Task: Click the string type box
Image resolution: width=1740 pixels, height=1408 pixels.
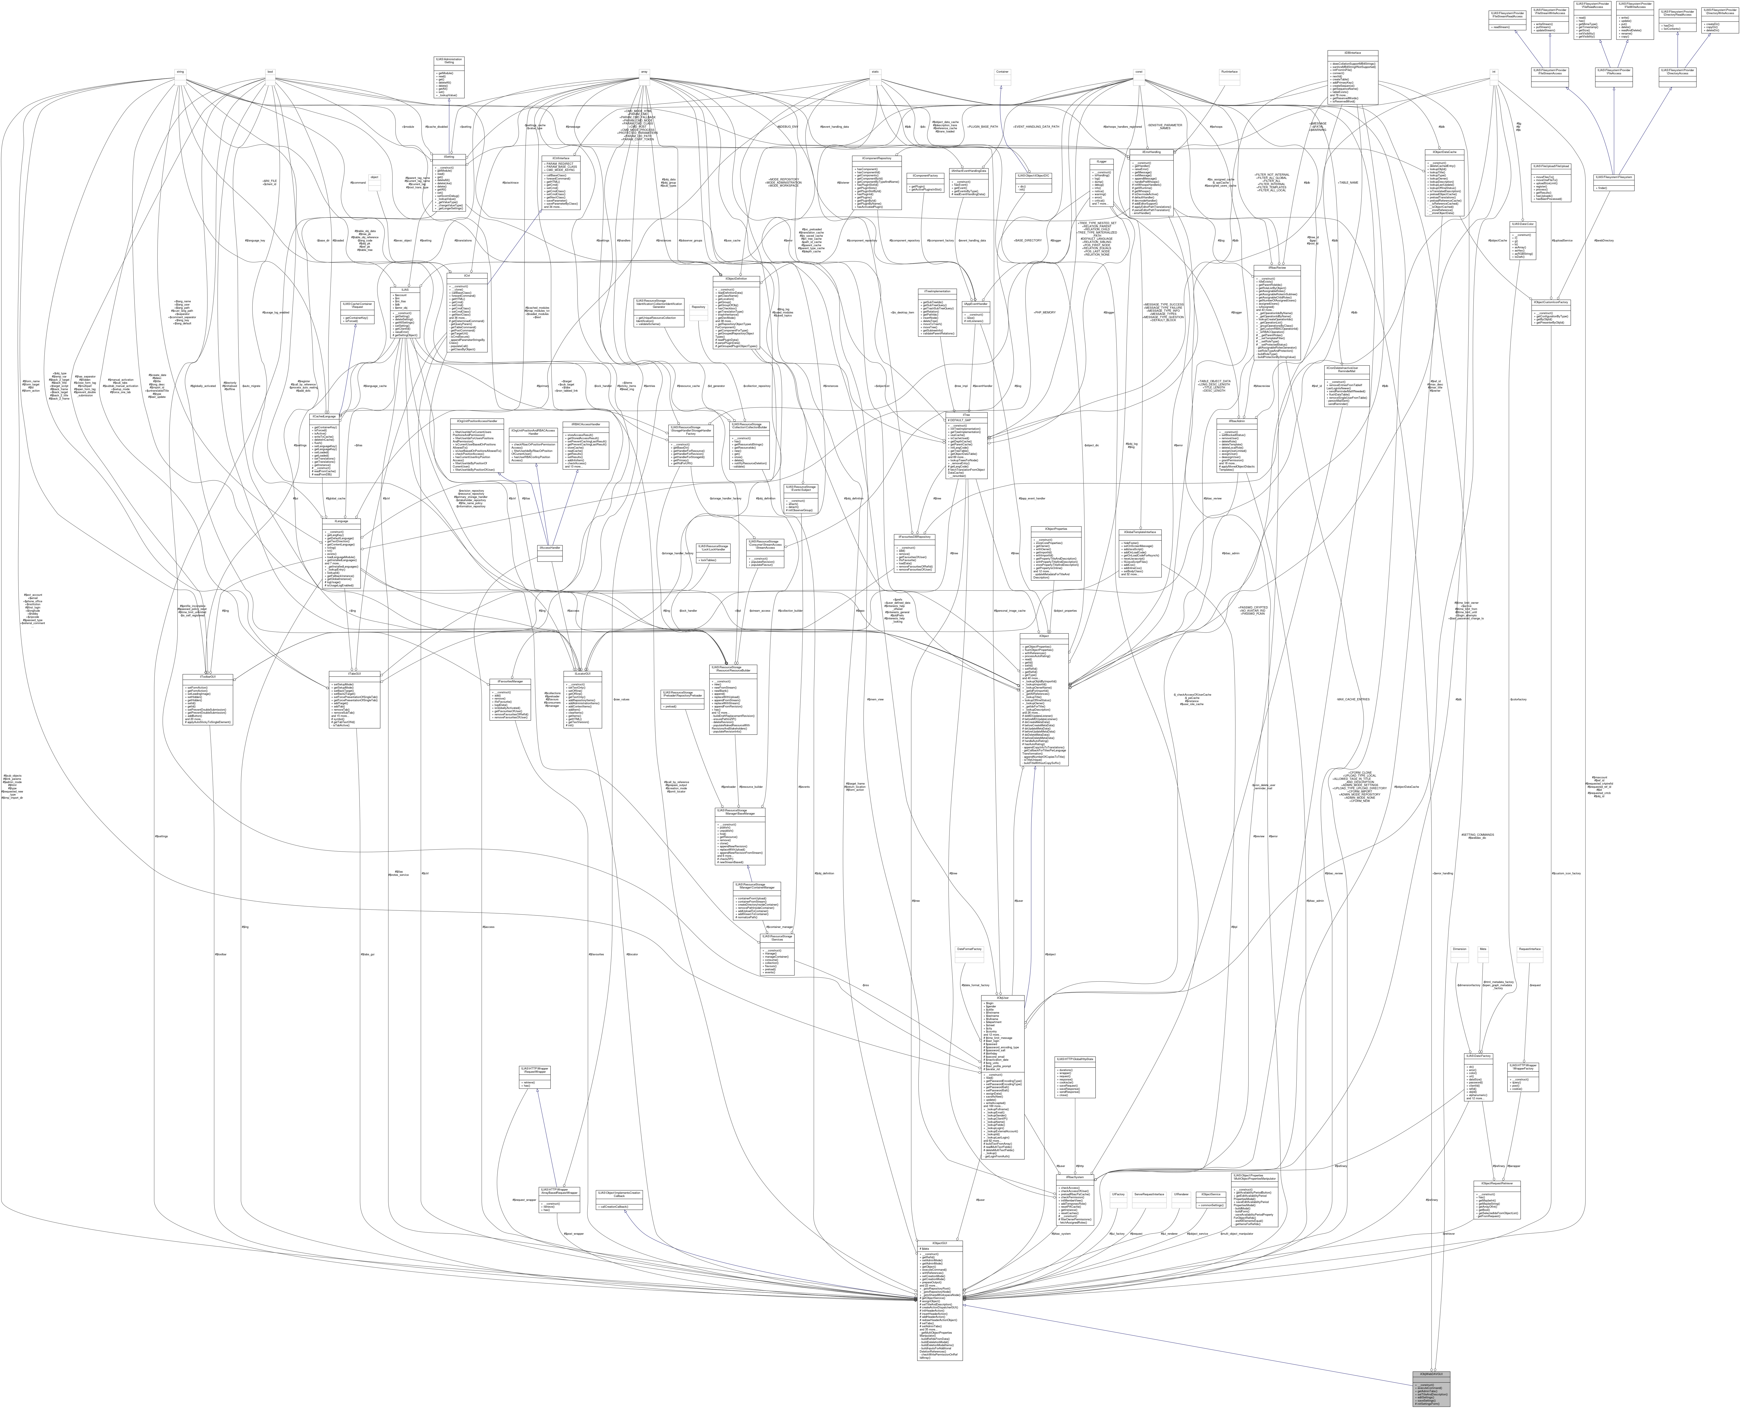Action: [x=180, y=72]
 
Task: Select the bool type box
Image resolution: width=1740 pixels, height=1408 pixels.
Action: [x=270, y=72]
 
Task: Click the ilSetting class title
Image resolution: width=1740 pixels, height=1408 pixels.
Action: [x=442, y=157]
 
